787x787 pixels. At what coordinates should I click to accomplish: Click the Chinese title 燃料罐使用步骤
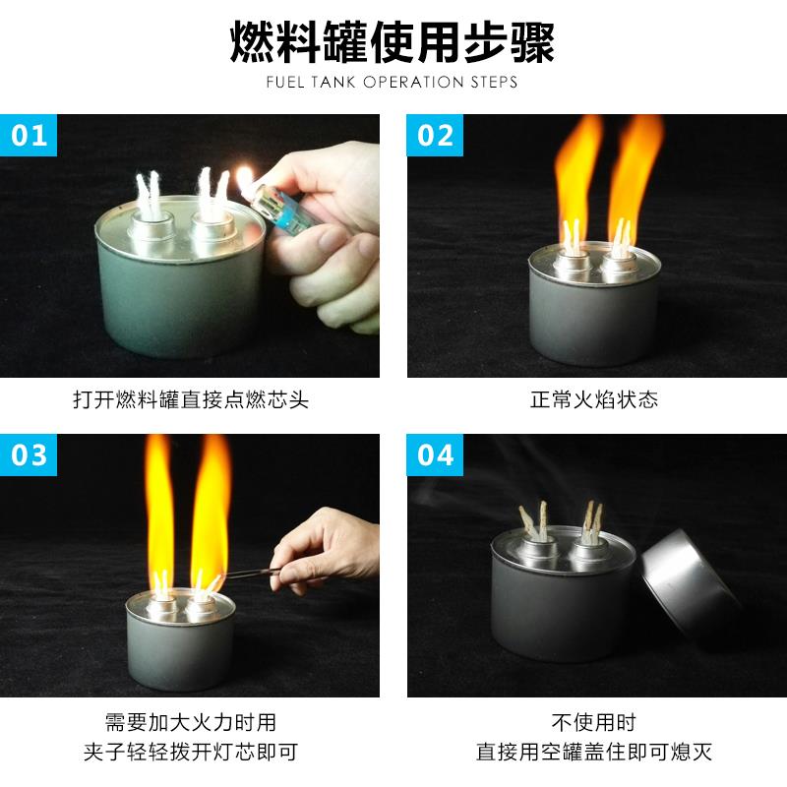393,41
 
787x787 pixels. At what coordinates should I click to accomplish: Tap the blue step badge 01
30,134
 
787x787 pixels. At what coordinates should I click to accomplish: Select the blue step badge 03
30,454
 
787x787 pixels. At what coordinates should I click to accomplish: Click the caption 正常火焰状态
594,400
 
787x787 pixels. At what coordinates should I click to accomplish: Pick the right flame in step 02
635,167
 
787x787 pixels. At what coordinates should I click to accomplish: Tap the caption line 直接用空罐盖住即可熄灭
594,753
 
